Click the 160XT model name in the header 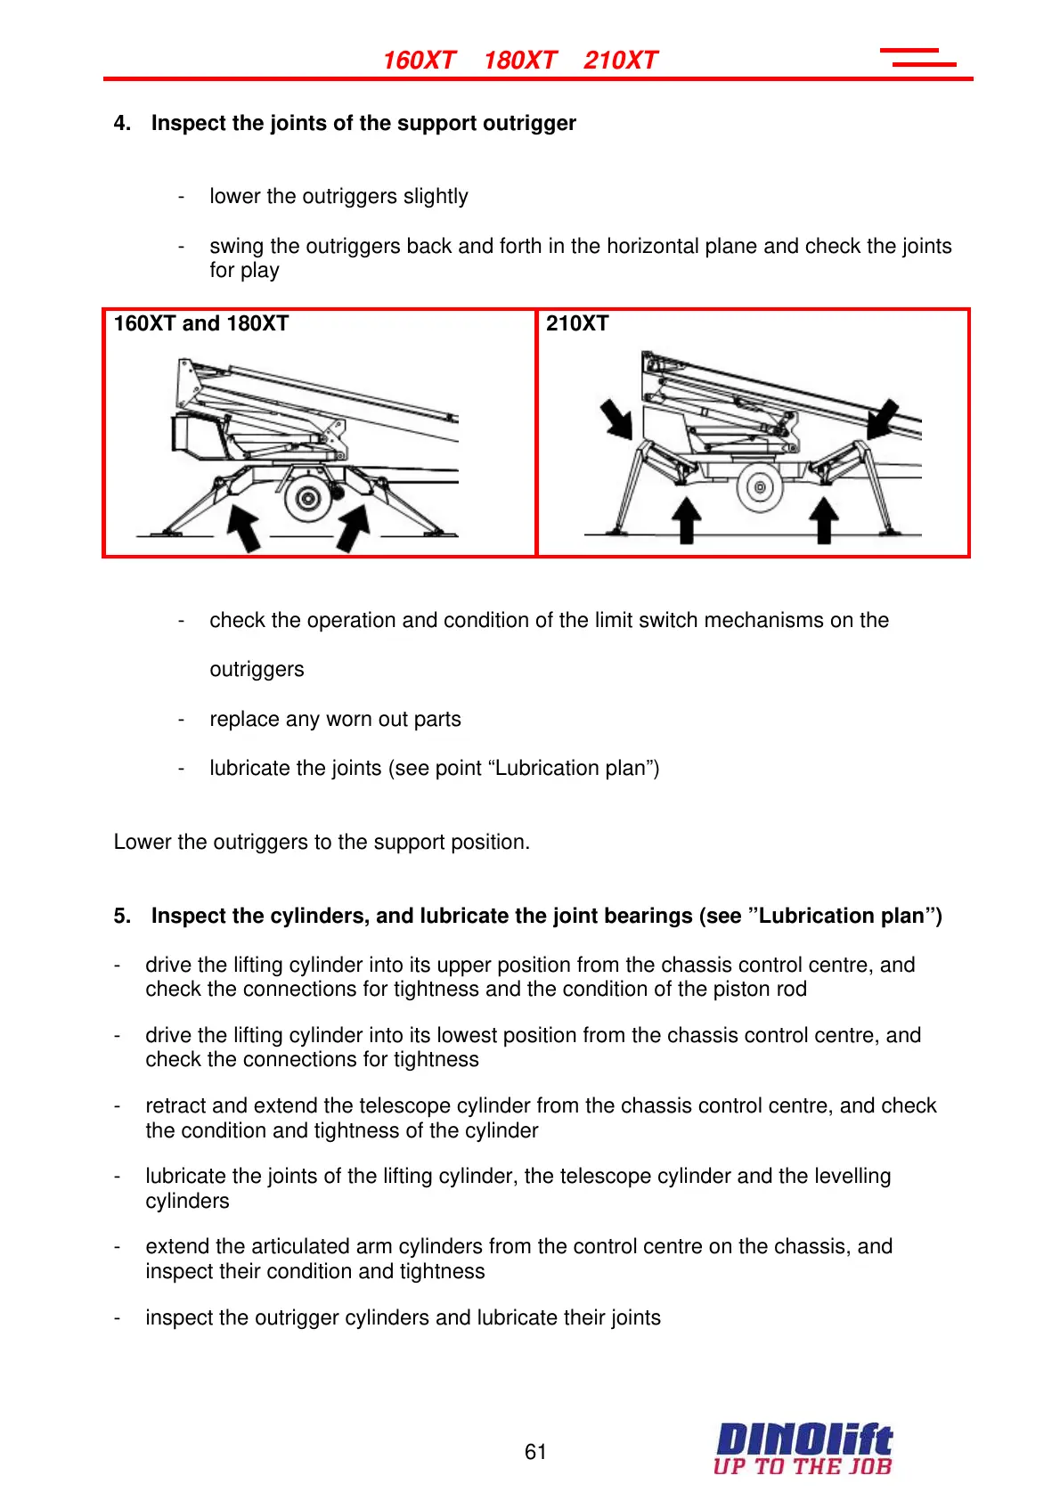pos(419,61)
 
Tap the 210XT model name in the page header pos(620,61)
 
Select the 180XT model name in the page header pos(520,61)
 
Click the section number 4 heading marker pos(122,123)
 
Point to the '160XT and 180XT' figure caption pos(201,323)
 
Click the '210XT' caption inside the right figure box pos(577,323)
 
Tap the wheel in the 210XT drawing pos(760,486)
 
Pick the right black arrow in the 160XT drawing pos(353,526)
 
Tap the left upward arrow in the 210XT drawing pos(686,520)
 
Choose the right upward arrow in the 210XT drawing pos(824,520)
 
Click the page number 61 pos(535,1452)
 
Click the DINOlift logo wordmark pos(803,1439)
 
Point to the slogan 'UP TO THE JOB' pos(802,1466)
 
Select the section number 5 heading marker pos(122,916)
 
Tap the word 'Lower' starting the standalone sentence pos(143,842)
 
